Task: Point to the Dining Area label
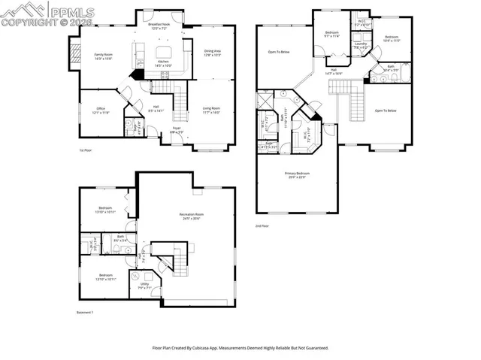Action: tap(213, 53)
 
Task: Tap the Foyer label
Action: tap(177, 129)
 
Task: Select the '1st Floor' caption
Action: tap(86, 150)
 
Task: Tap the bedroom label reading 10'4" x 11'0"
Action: tap(392, 38)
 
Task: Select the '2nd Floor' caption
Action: tap(262, 225)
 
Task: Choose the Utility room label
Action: tap(144, 286)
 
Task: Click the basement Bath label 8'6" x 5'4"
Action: tap(120, 238)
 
